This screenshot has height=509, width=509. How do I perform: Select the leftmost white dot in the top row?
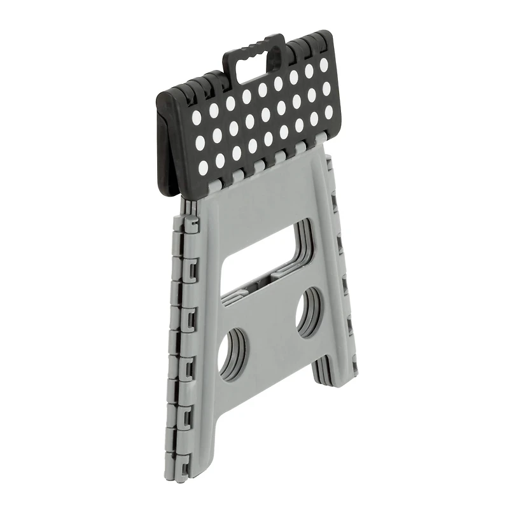pos(196,116)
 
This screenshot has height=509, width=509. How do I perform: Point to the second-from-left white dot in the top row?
pos(213,109)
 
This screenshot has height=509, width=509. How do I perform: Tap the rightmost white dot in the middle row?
pos(327,90)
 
